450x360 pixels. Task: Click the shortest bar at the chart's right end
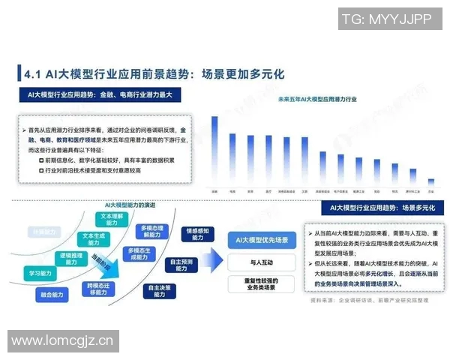pos(430,181)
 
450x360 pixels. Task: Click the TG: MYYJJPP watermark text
pos(388,18)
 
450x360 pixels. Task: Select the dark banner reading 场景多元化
pos(377,207)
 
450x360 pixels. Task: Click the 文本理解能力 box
pos(112,219)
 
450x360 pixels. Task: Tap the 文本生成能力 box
pos(96,239)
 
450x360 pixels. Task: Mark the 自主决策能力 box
pos(160,290)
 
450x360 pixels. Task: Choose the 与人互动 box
pos(262,262)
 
